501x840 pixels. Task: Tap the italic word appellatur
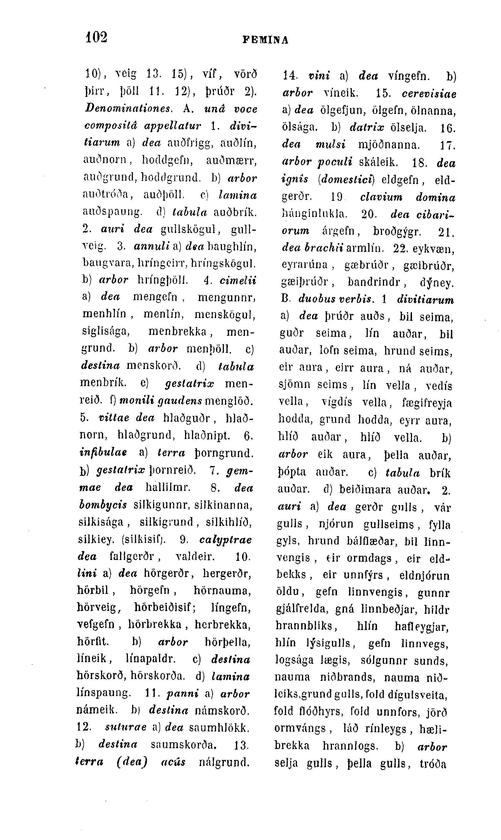(172, 126)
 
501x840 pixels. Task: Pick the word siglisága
(106, 331)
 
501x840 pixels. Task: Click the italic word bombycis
(103, 505)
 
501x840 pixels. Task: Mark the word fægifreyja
(427, 403)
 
